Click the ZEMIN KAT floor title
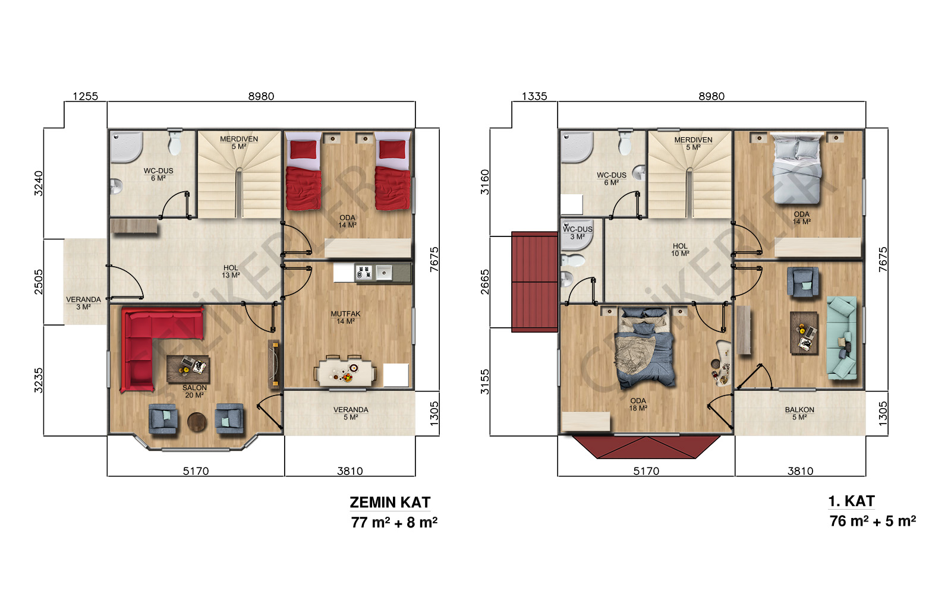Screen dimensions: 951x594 (390, 503)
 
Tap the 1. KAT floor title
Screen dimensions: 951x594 (851, 501)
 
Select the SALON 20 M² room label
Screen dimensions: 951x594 (194, 391)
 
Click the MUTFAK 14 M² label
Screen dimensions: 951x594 (345, 317)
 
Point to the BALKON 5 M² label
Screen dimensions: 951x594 (799, 413)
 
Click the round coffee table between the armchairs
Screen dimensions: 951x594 (197, 422)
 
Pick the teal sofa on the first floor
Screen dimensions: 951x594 (842, 338)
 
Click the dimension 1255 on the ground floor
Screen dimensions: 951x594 (86, 96)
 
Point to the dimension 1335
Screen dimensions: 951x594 (534, 96)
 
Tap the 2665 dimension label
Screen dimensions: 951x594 (484, 282)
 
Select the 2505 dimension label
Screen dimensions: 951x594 (38, 282)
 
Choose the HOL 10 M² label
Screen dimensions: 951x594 (680, 249)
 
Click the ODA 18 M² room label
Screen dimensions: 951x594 (638, 405)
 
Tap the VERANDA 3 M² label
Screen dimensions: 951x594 (83, 303)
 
